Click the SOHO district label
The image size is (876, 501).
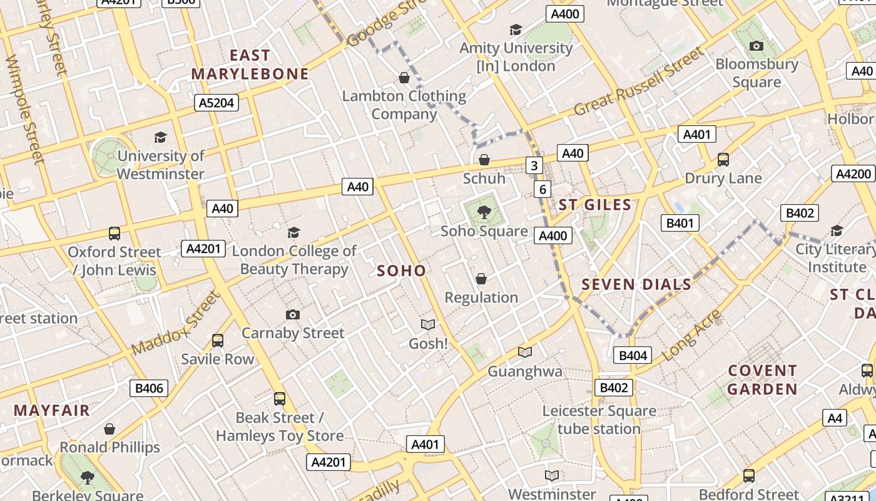(x=401, y=271)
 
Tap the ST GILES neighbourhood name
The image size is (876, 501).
(x=594, y=205)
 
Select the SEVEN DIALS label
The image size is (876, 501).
(x=636, y=284)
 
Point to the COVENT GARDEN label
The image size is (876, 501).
(x=762, y=380)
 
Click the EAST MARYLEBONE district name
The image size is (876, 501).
(x=250, y=65)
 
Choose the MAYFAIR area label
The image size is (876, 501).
(x=52, y=411)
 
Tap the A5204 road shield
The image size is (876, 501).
(x=216, y=103)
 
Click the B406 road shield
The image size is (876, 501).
(x=150, y=388)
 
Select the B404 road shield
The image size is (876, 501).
(x=633, y=356)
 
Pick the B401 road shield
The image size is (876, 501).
(x=680, y=223)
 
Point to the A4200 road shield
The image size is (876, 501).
(x=853, y=173)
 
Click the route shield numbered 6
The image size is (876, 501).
(x=542, y=189)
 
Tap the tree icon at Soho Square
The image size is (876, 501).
(x=484, y=212)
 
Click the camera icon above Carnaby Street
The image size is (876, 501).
(x=292, y=314)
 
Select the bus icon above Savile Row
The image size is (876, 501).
(x=217, y=340)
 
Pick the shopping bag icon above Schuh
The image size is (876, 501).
(x=484, y=160)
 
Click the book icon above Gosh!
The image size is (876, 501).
(x=428, y=324)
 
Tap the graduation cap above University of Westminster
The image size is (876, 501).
(x=161, y=137)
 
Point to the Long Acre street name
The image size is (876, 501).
(x=691, y=335)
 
